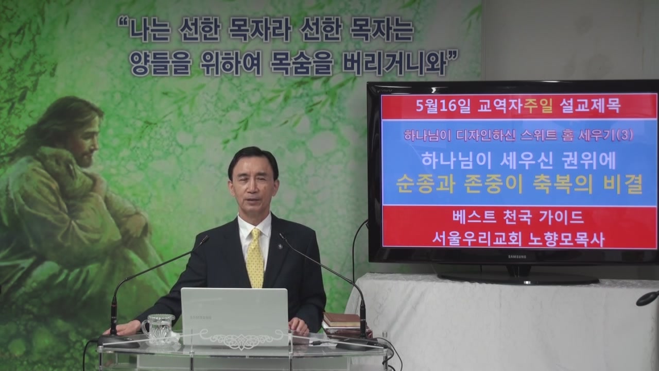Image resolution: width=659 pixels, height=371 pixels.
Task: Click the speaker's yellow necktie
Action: [255, 259]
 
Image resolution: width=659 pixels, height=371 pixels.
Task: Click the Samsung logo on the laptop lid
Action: [201, 317]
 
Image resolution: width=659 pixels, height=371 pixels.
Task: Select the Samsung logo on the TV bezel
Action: [517, 257]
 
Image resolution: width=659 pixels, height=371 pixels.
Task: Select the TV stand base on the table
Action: [518, 277]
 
